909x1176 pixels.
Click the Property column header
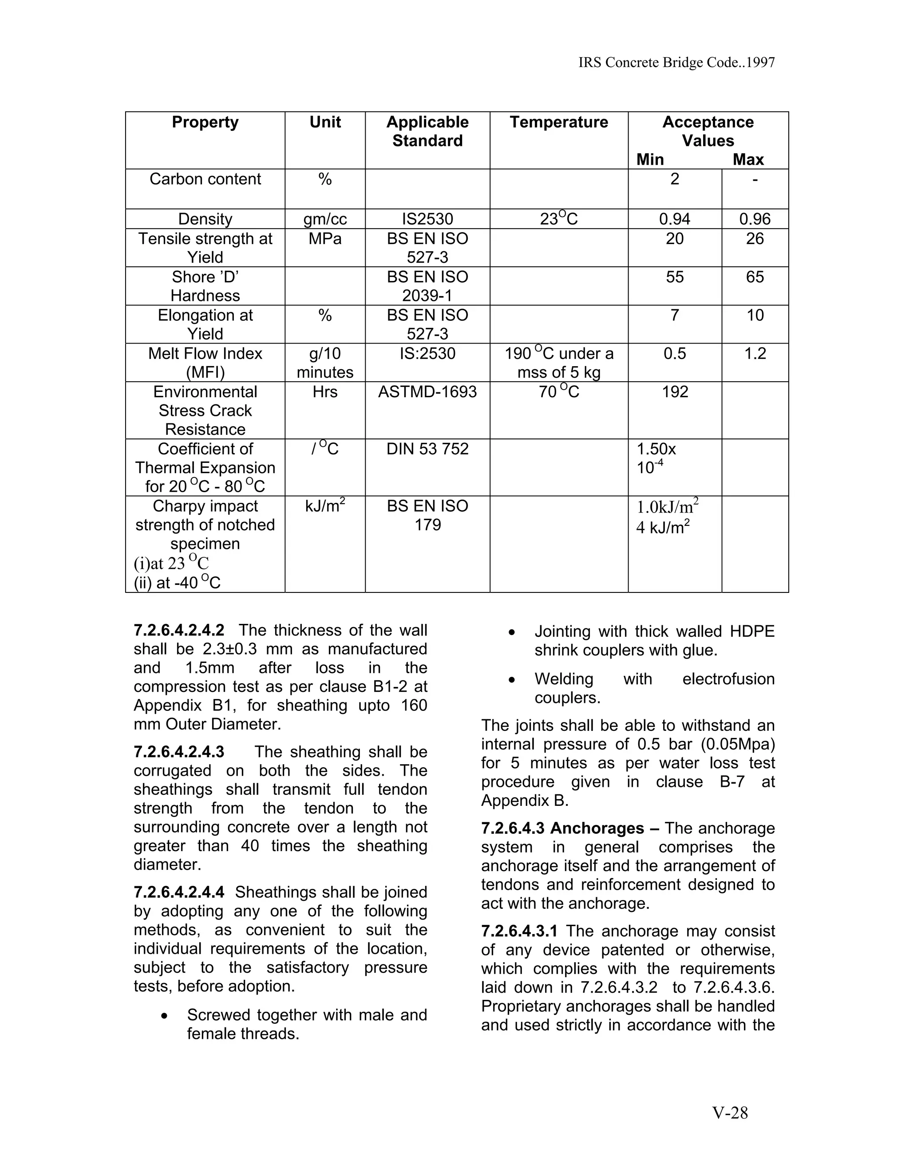click(205, 122)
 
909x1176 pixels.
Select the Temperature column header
click(558, 122)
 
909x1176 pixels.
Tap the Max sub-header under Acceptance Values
click(748, 159)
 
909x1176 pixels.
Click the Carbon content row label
click(205, 179)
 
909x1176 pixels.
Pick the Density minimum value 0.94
click(674, 219)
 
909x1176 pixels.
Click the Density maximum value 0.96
click(755, 219)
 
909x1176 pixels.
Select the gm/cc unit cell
click(325, 219)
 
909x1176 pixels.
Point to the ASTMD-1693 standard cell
click(427, 391)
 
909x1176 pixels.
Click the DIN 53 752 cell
click(427, 449)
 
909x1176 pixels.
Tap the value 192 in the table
click(674, 391)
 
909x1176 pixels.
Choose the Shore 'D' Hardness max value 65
click(755, 277)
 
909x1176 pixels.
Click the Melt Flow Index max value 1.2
click(755, 353)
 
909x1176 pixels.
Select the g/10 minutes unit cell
click(325, 363)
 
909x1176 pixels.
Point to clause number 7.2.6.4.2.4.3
click(179, 752)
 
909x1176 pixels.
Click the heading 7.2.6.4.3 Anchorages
click(562, 828)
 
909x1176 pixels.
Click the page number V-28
click(730, 1113)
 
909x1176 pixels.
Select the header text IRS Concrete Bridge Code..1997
click(676, 63)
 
